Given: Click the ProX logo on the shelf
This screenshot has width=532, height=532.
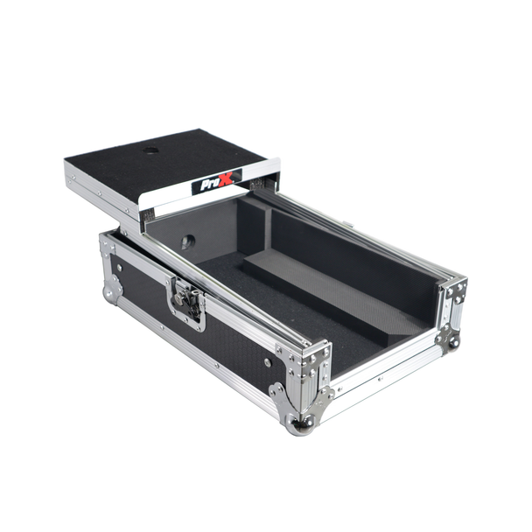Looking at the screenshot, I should pos(216,185).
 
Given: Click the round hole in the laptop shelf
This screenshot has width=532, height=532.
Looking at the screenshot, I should pos(151,151).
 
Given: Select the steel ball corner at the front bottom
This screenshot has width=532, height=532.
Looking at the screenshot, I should pos(303,425).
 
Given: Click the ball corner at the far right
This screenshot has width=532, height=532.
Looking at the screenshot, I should pos(453,340).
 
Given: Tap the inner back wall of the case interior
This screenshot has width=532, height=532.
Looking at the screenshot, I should pos(350,236).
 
